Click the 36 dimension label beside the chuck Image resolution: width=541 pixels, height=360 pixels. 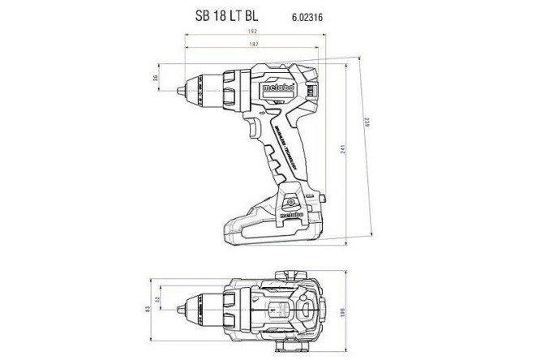point(155,79)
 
